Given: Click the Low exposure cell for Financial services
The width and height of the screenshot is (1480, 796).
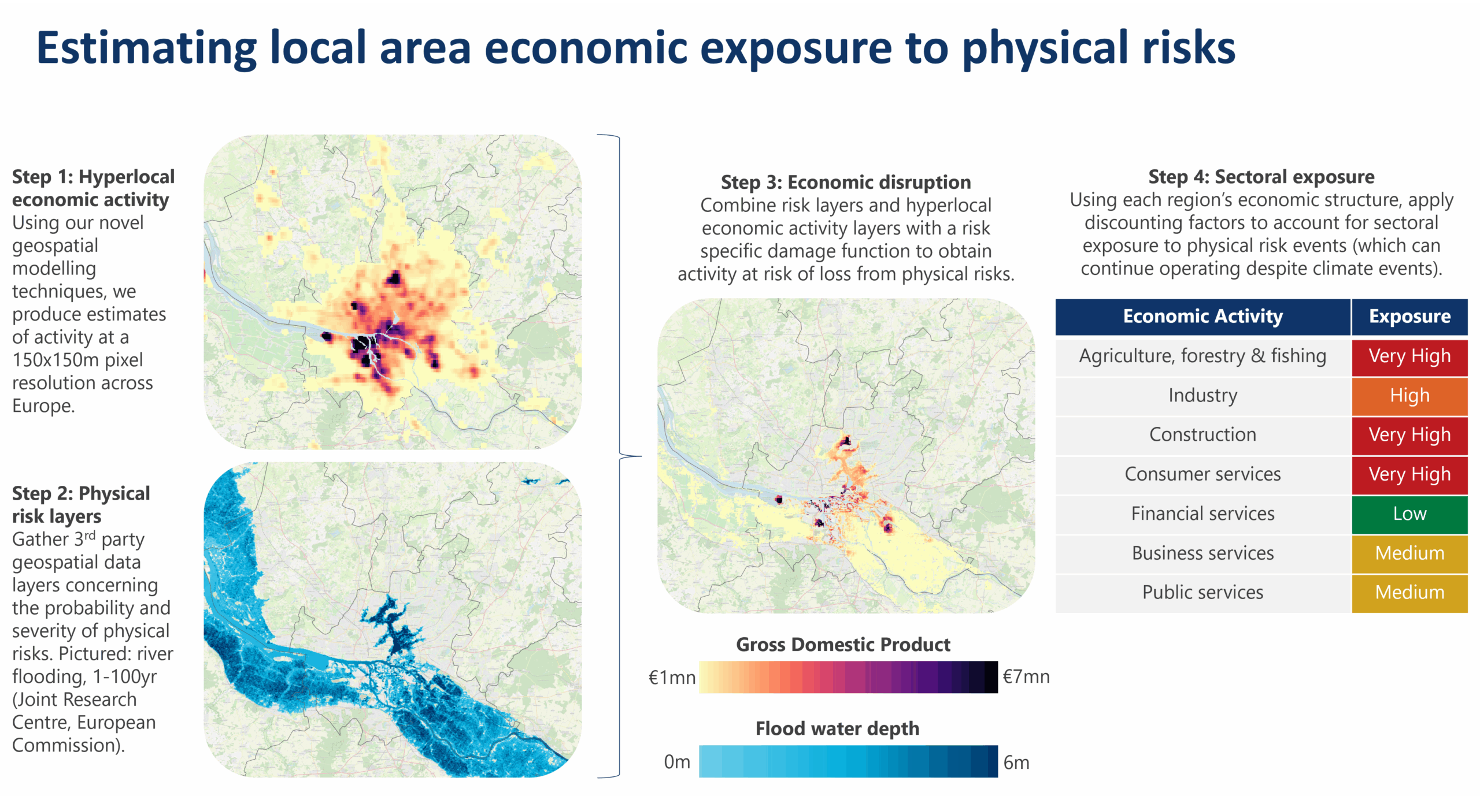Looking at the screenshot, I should click(1409, 514).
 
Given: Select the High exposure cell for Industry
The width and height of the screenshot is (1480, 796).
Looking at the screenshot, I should click(1409, 396).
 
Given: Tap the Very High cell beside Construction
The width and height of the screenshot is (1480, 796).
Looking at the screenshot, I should click(1409, 434).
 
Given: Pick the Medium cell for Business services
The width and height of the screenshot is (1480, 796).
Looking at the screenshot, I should click(1409, 553).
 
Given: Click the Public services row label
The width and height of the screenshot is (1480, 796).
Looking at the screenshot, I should click(1202, 592).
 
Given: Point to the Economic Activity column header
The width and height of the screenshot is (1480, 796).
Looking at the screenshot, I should click(1202, 317).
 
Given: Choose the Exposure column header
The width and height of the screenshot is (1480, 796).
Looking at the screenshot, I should click(1409, 317).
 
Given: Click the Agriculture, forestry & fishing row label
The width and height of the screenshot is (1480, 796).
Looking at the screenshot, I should click(1202, 356).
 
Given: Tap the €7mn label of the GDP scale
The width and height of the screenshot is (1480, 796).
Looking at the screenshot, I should click(1026, 676).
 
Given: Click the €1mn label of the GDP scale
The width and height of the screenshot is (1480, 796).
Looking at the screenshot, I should click(672, 677).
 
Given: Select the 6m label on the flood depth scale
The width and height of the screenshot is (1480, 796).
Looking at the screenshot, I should click(1016, 762).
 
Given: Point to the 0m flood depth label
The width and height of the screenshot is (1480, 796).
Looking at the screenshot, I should click(676, 762).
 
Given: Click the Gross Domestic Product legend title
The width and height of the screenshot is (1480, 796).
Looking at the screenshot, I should click(842, 644).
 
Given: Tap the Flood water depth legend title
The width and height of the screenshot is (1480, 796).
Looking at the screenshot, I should click(837, 728).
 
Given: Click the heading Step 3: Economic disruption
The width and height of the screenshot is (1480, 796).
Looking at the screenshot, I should click(845, 183).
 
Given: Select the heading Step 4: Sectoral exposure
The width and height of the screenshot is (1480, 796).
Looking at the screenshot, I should click(1261, 177).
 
